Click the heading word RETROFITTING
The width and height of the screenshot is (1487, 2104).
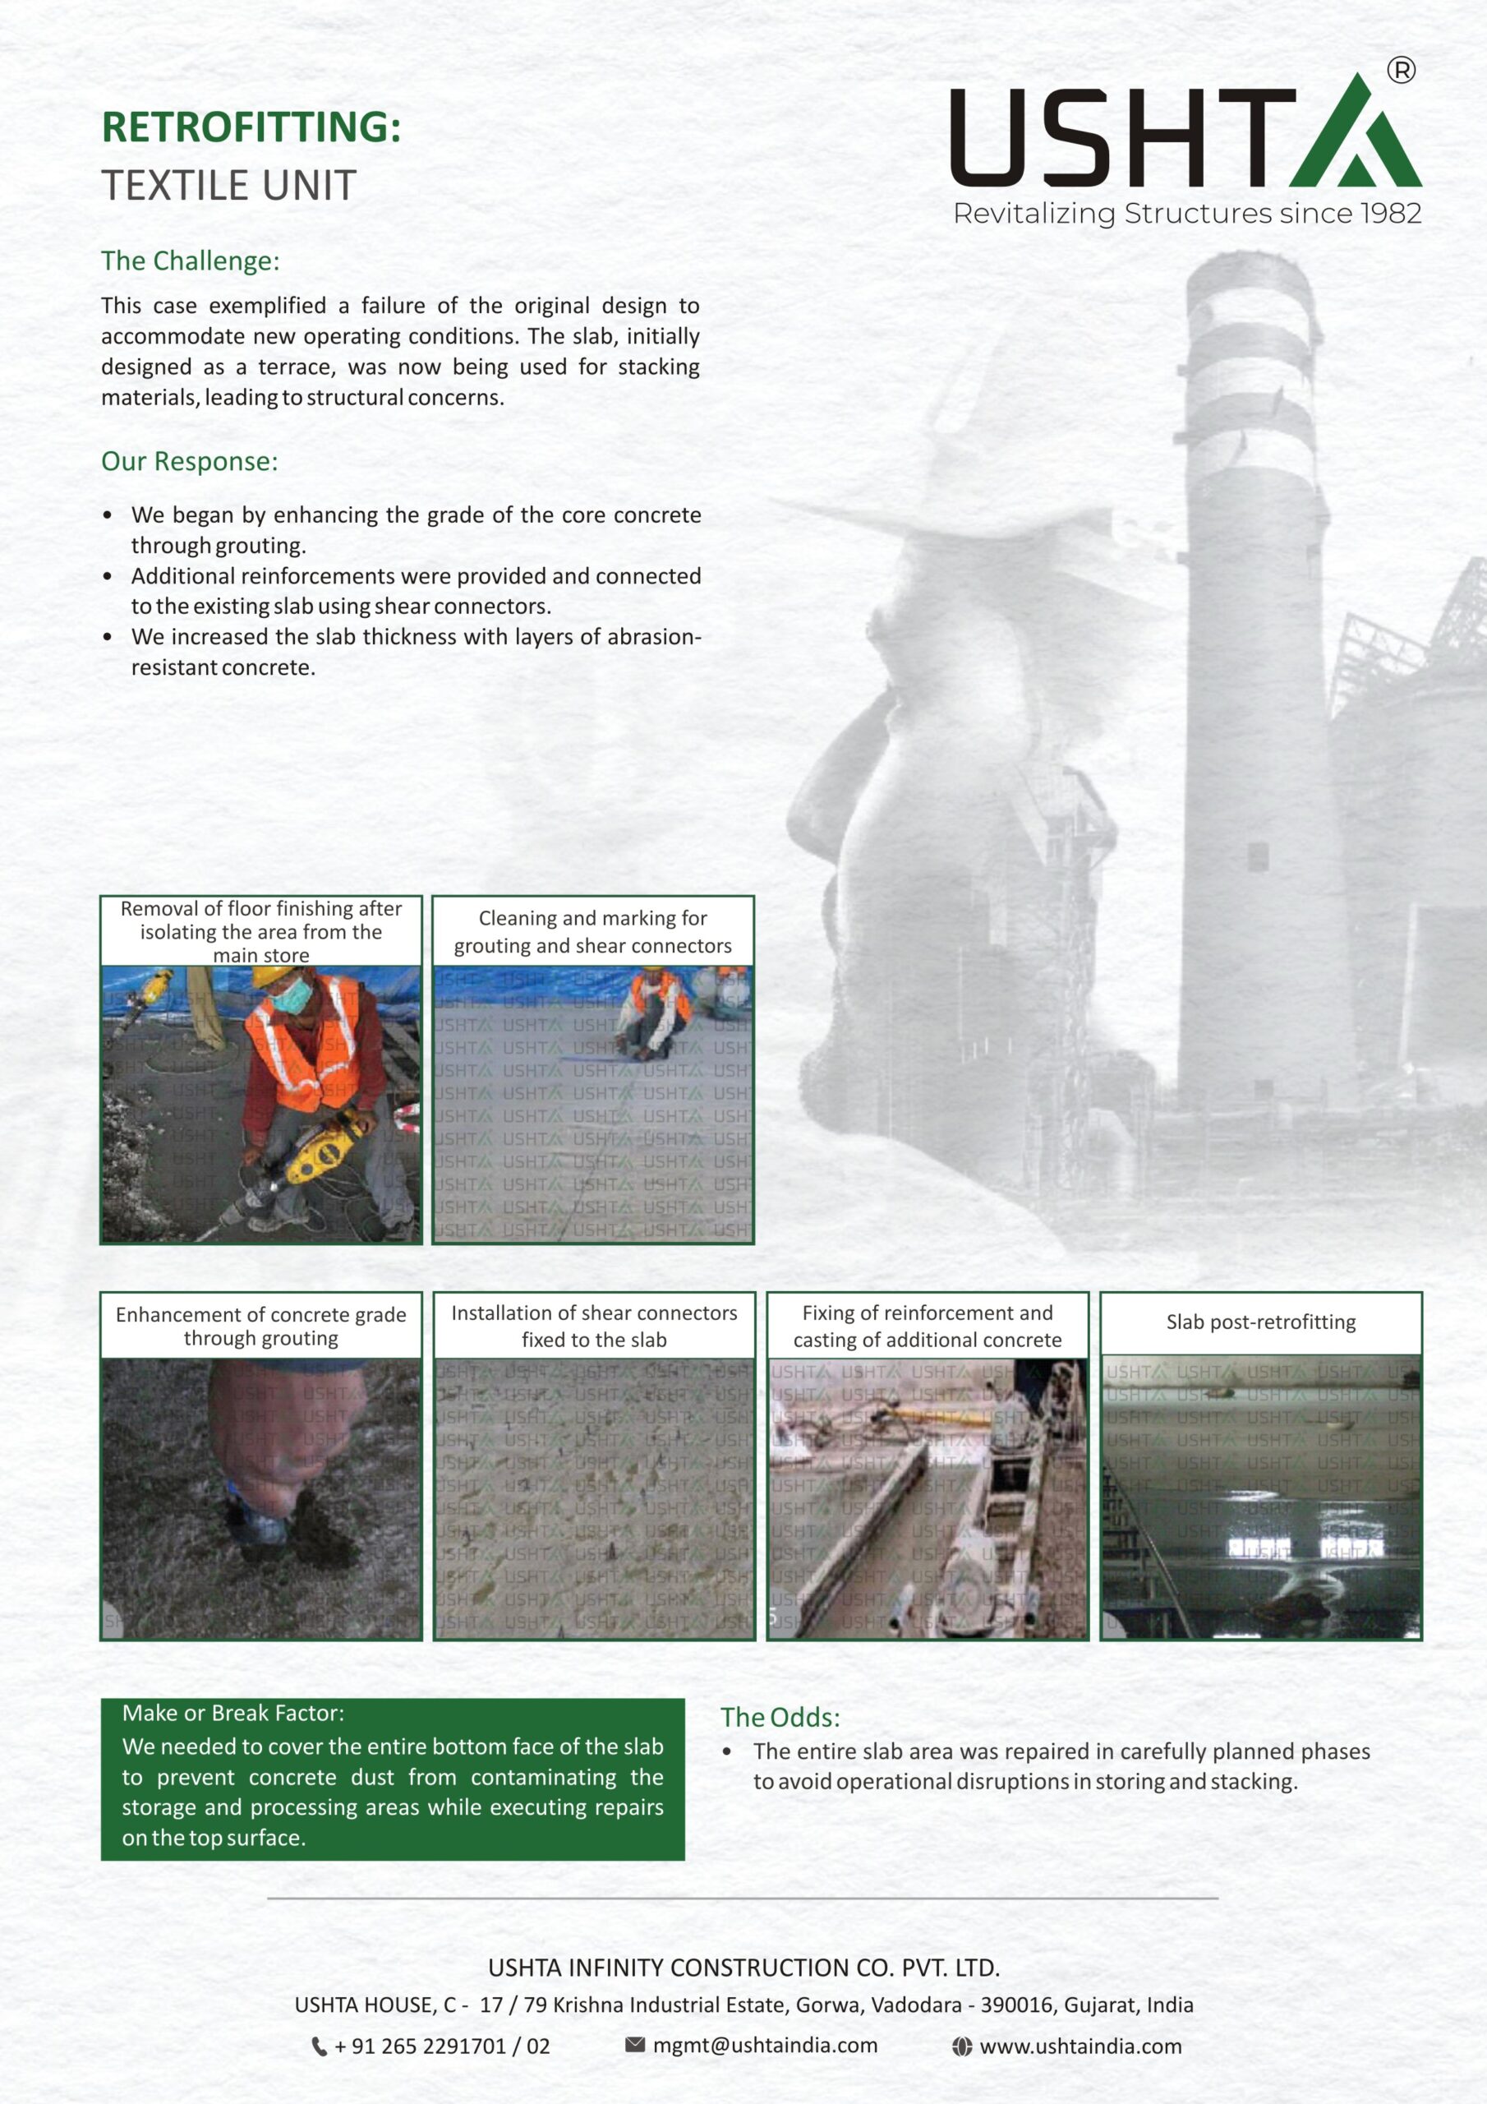[x=250, y=127]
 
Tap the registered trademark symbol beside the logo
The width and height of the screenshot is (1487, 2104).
[x=1401, y=71]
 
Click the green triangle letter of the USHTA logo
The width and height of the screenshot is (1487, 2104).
[x=1356, y=137]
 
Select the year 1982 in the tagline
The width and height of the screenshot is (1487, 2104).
[x=1390, y=214]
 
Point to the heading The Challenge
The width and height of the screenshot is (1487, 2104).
[x=190, y=261]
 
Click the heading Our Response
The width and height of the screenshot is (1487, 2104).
[x=189, y=461]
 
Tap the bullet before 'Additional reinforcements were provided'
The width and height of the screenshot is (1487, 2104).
[x=108, y=576]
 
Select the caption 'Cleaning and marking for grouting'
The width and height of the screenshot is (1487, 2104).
[x=593, y=931]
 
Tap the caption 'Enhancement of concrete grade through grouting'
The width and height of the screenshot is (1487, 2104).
[x=260, y=1326]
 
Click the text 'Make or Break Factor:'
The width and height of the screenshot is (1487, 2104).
[x=232, y=1713]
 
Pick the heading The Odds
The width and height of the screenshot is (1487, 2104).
[x=779, y=1717]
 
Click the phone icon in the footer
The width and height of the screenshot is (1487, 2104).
[x=319, y=2046]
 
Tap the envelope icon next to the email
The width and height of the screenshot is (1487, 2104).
[x=634, y=2045]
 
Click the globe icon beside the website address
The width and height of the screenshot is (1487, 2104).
[x=961, y=2046]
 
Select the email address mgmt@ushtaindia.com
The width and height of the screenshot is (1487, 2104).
[x=765, y=2046]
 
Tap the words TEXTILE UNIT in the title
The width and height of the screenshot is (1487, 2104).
[x=228, y=186]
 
